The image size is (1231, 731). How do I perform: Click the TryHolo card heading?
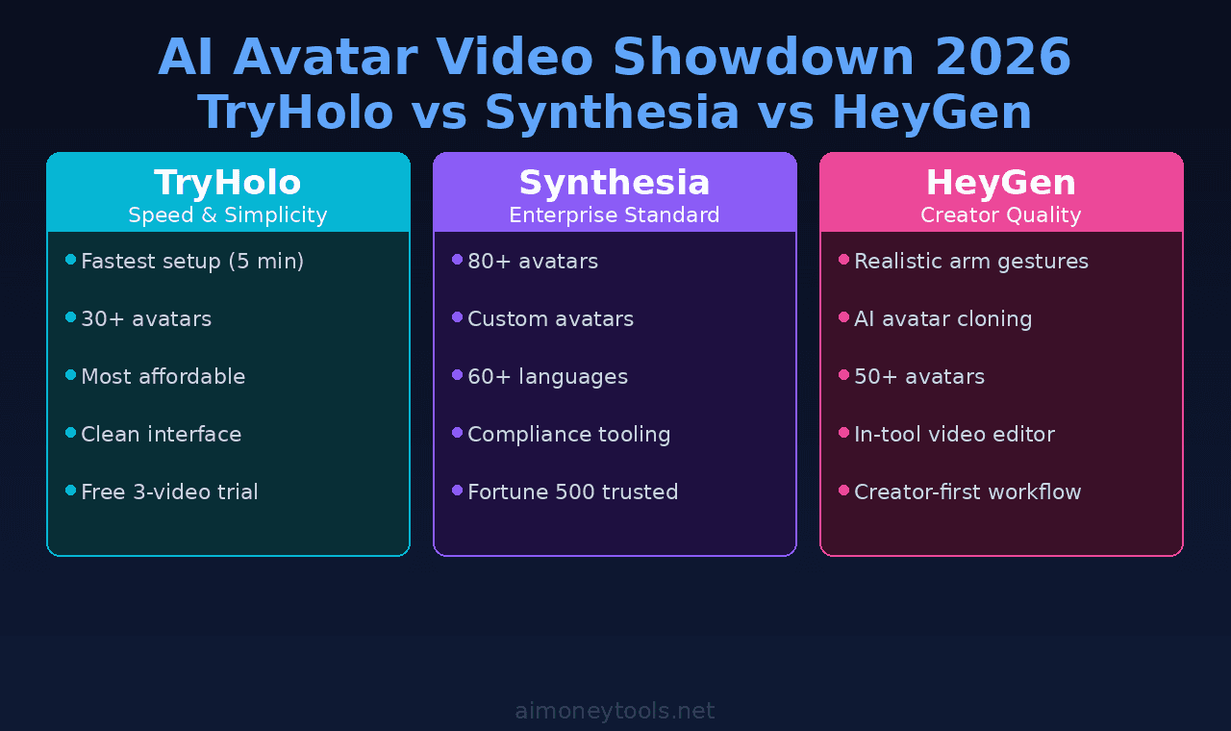tap(228, 183)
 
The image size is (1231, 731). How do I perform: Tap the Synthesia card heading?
tap(615, 183)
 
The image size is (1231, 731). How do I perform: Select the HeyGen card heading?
tap(1000, 183)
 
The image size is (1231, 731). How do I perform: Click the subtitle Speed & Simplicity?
tap(228, 215)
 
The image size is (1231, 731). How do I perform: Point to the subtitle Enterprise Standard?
tap(615, 215)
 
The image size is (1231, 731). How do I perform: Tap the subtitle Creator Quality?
tap(1000, 215)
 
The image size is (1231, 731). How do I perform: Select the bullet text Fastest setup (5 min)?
tap(192, 262)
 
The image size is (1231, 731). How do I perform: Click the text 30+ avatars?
tap(146, 319)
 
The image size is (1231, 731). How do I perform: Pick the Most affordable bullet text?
tap(163, 377)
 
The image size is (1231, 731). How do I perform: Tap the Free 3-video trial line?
tap(169, 492)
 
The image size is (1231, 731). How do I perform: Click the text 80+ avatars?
tap(533, 262)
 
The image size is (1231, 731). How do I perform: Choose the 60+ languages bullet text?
tap(547, 377)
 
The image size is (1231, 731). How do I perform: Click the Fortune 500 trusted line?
tap(572, 492)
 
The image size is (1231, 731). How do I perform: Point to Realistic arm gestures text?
tap(971, 262)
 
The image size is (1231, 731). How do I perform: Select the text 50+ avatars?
tap(919, 377)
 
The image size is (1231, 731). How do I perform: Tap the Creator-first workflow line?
tap(967, 492)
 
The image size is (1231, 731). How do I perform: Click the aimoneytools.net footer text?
tap(615, 711)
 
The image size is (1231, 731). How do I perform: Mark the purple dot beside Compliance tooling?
tap(457, 433)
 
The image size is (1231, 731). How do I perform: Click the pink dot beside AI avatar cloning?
tap(843, 317)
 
